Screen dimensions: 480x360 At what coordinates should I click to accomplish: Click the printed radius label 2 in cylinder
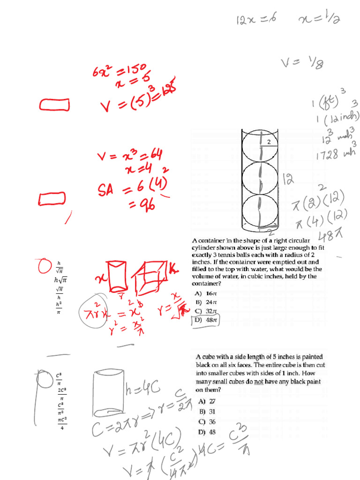coord(269,142)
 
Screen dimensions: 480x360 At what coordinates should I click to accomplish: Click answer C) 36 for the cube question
coord(208,421)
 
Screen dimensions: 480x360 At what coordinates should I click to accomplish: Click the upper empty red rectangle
coord(55,105)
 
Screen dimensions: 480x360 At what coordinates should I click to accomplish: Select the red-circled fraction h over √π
coord(59,267)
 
